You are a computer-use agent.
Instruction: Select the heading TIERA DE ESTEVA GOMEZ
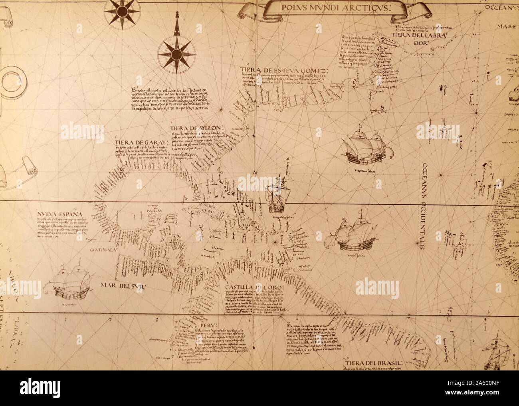(285, 71)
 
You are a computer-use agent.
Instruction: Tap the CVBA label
(207, 213)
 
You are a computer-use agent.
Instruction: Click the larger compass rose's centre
(174, 53)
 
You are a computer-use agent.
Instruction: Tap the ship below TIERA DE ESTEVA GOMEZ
(364, 151)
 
